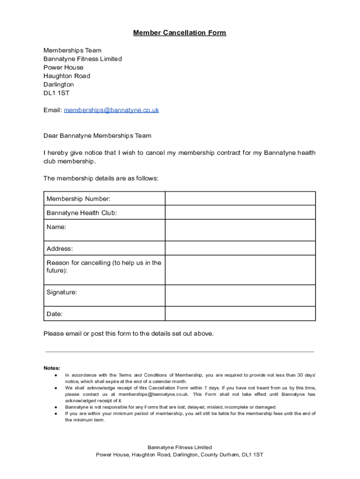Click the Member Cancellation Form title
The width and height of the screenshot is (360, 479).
click(x=180, y=33)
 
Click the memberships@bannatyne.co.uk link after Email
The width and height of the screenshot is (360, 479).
click(x=111, y=110)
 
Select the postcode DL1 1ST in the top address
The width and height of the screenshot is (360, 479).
click(x=56, y=93)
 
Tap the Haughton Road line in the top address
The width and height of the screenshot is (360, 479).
click(x=67, y=76)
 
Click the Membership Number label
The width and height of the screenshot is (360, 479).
click(x=79, y=199)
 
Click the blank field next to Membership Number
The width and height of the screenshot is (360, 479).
click(x=240, y=198)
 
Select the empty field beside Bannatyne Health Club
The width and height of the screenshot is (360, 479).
click(x=240, y=212)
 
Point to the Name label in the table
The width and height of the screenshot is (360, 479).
click(x=56, y=227)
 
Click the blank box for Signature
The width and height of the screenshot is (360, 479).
click(x=240, y=296)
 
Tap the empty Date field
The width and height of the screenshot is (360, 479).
click(x=240, y=314)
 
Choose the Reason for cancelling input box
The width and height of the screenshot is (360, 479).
click(x=240, y=270)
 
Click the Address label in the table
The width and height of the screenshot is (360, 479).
click(x=60, y=248)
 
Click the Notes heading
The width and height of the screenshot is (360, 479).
click(x=52, y=368)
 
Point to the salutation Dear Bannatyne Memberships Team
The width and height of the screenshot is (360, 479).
click(x=97, y=136)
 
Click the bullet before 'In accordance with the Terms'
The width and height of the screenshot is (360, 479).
click(x=56, y=375)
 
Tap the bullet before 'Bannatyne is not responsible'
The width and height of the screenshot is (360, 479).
click(x=56, y=407)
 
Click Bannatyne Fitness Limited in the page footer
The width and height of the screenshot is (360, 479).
click(x=180, y=447)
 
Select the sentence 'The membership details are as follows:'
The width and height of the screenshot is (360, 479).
click(x=101, y=178)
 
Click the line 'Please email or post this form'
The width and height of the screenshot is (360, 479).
click(x=129, y=334)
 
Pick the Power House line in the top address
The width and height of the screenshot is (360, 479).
click(x=64, y=67)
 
